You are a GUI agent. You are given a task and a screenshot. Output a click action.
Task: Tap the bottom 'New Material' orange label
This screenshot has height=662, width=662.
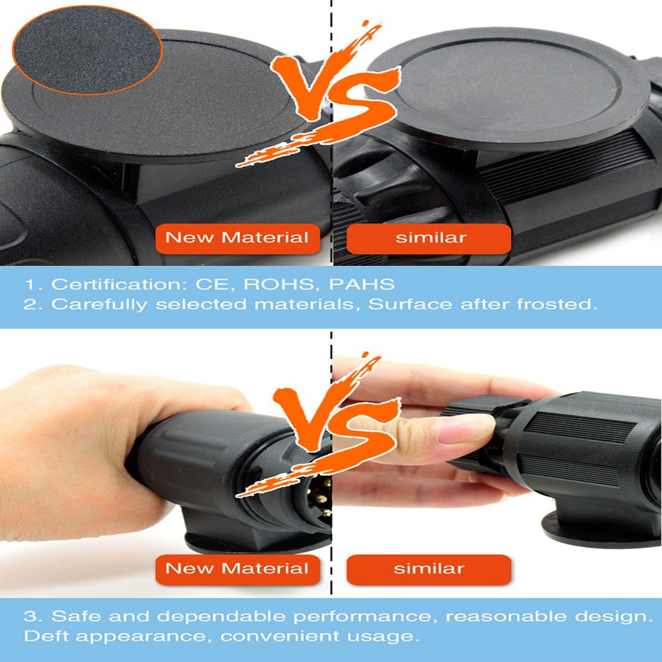237,569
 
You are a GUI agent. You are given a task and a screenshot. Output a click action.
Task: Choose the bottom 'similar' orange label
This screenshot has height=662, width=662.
429,569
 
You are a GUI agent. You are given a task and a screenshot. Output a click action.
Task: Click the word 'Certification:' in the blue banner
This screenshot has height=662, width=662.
119,284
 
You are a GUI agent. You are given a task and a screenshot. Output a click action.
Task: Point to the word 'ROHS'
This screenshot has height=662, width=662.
278,284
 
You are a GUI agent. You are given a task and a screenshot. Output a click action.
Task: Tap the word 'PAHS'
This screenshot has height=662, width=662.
361,284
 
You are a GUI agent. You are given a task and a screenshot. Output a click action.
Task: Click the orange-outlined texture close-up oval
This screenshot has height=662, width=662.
87,50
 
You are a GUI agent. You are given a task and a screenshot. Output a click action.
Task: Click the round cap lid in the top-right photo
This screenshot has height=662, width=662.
507,89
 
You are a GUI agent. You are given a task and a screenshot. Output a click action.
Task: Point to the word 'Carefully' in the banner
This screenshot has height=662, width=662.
99,305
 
